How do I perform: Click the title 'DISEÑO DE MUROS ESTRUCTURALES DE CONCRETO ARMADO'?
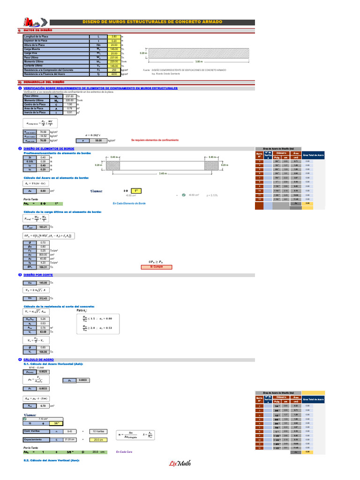(152, 22)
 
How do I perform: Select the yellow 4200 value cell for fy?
(114, 74)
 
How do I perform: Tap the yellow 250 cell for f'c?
(114, 70)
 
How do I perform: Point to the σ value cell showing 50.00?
(98, 140)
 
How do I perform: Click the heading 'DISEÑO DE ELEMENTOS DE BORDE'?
(49, 149)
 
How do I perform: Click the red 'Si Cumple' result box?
(157, 267)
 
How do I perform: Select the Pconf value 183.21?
(43, 226)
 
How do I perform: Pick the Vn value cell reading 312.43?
(43, 298)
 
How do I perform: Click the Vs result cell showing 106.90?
(43, 352)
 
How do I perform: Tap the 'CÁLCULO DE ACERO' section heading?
(38, 360)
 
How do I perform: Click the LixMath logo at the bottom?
(180, 464)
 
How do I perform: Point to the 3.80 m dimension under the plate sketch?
(199, 61)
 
